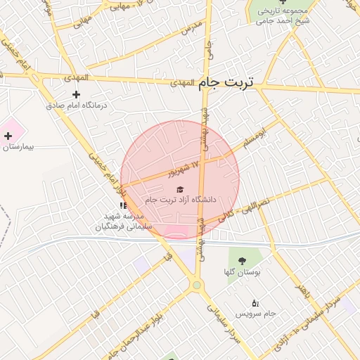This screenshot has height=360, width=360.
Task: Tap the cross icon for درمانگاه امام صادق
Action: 77,94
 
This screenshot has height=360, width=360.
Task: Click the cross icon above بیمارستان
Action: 8,135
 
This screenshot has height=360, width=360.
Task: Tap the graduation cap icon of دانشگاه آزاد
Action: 179,190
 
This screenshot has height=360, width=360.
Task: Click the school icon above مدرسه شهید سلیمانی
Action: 124,206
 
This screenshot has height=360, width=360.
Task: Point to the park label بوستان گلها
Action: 243,272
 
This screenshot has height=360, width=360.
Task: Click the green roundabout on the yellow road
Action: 197,284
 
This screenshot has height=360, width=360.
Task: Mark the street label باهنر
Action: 302,289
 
